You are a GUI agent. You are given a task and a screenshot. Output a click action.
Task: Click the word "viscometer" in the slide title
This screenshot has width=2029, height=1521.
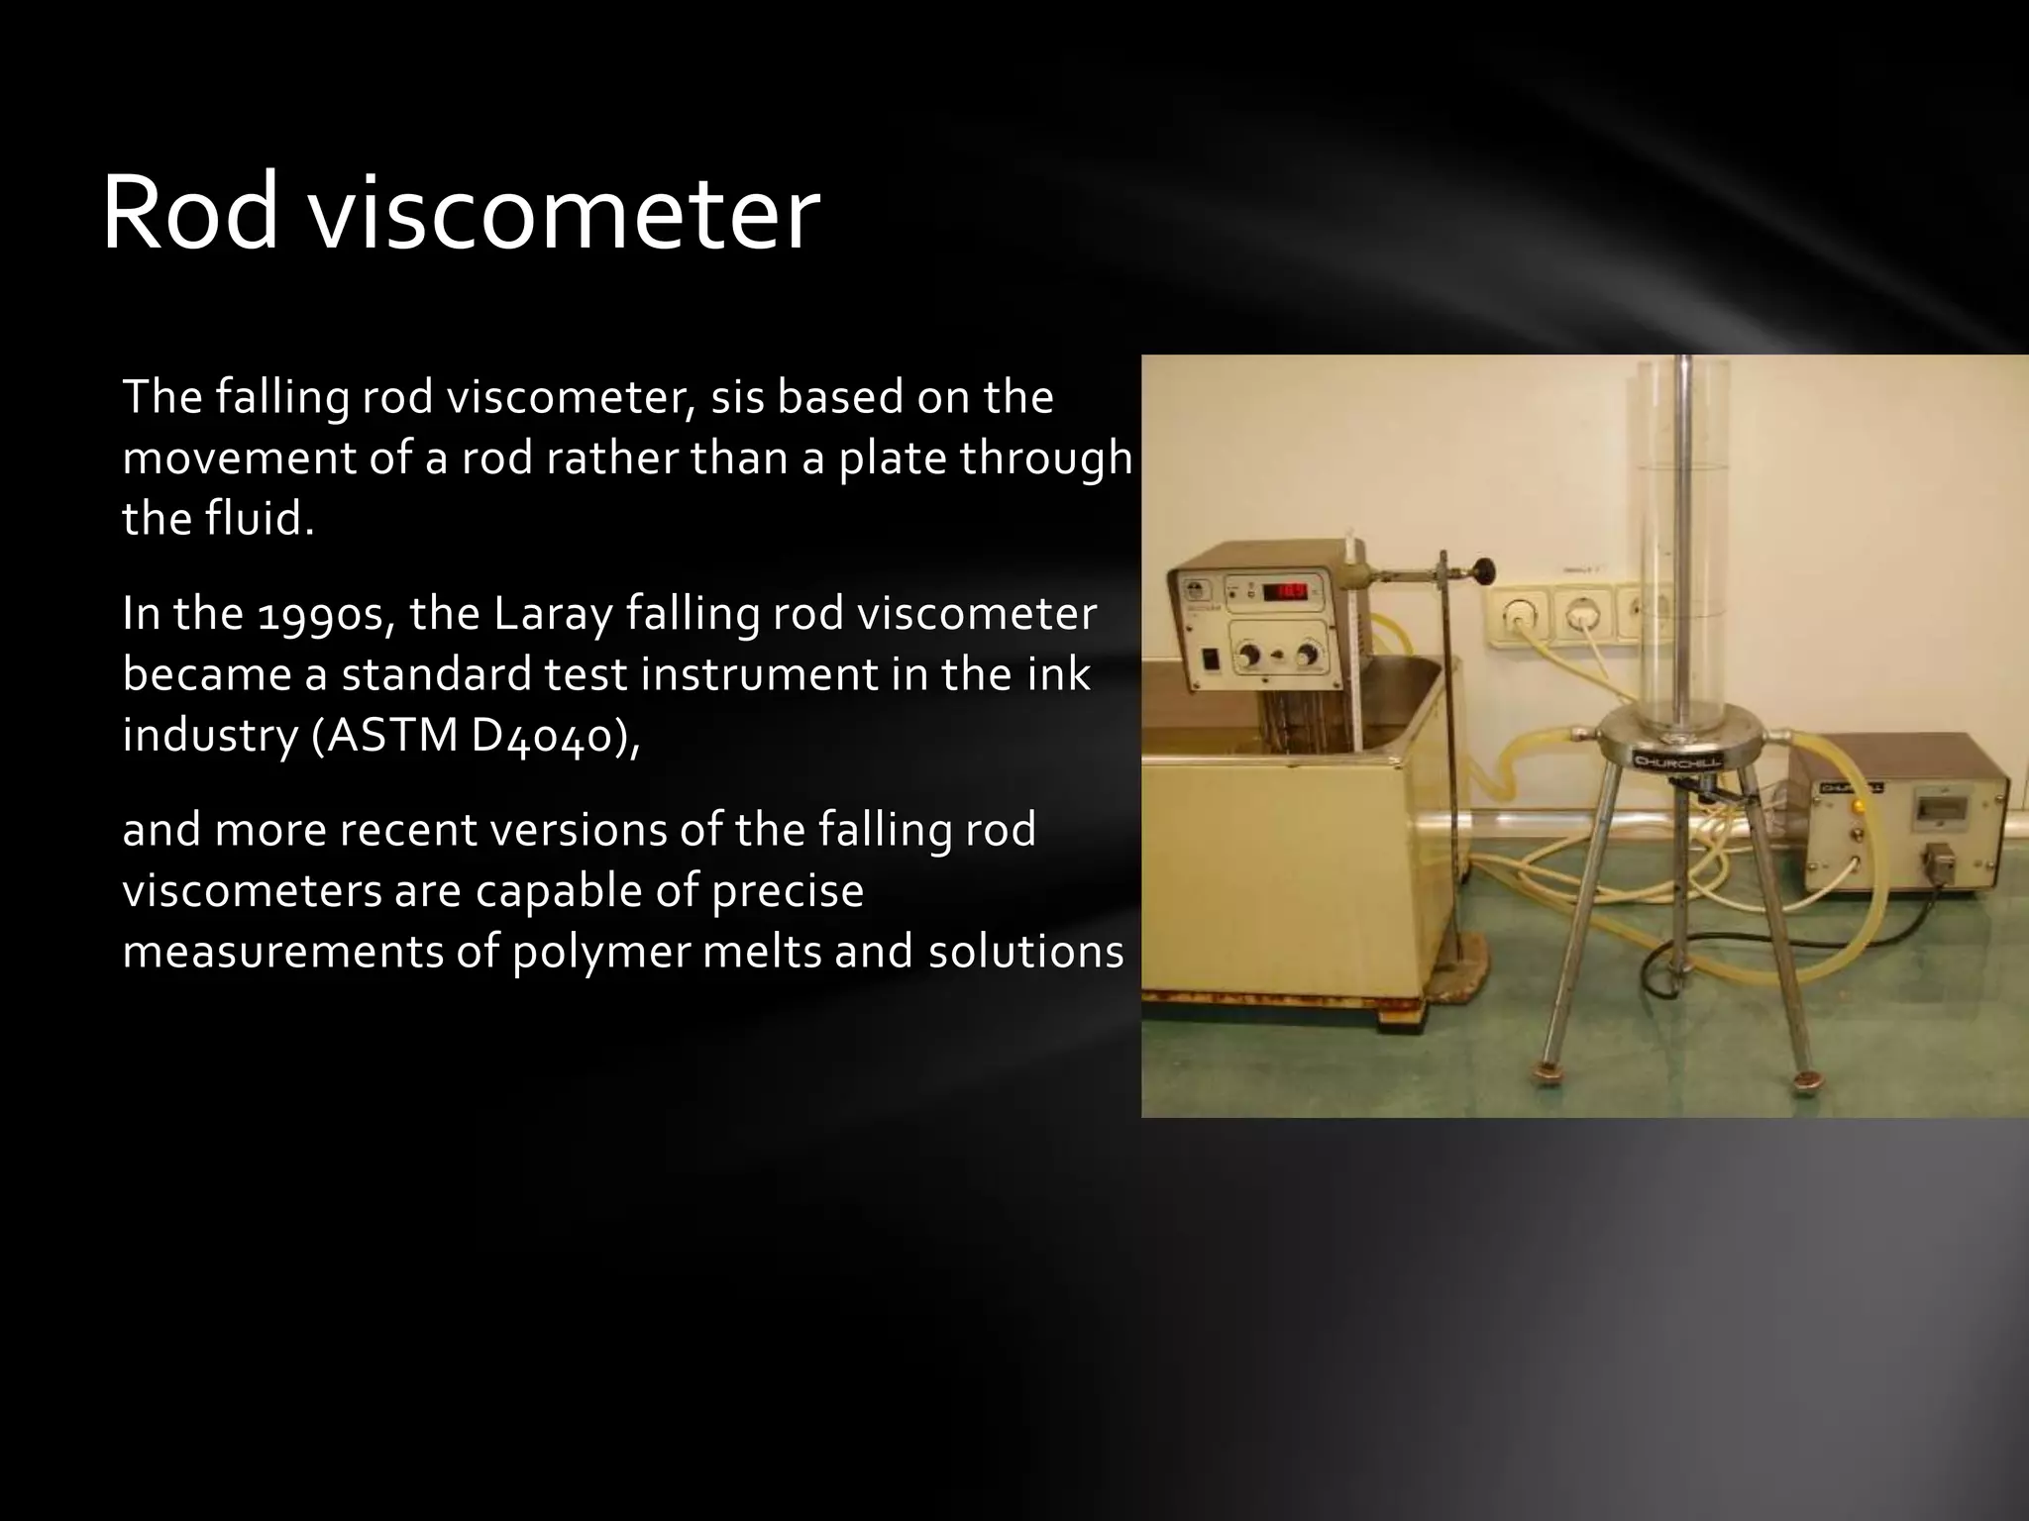click(567, 213)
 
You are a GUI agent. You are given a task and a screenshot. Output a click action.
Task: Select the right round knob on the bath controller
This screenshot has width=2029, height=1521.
click(1310, 655)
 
